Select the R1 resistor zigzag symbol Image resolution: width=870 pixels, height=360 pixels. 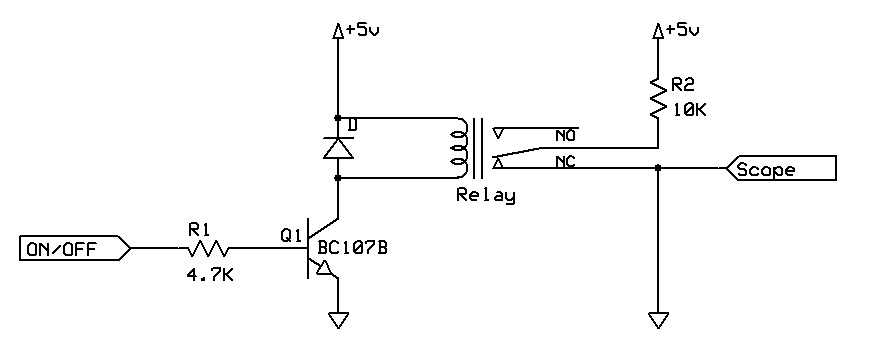[x=210, y=248]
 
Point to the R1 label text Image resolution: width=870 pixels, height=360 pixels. [x=200, y=229]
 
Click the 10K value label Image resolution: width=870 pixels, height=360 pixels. [x=689, y=111]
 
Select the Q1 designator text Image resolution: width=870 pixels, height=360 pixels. [x=291, y=236]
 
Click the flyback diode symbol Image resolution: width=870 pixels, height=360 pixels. [x=339, y=148]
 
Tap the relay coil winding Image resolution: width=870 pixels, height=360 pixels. [x=459, y=146]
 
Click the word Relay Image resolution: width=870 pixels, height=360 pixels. [x=485, y=196]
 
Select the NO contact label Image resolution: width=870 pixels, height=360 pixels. [x=567, y=135]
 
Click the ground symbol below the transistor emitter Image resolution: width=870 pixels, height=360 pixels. [x=339, y=321]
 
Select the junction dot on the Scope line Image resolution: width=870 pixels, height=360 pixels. [x=658, y=169]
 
